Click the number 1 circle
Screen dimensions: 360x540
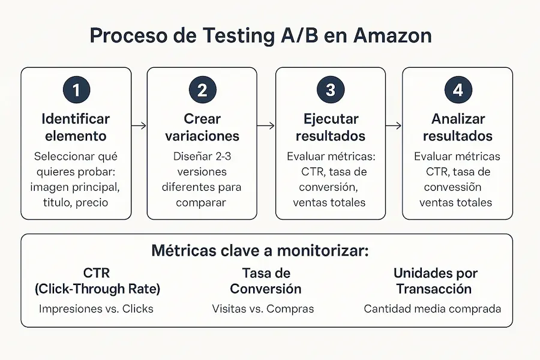(76, 90)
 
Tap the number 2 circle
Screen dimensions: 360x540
(202, 90)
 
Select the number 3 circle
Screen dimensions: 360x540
(330, 90)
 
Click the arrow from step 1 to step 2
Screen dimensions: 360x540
(139, 125)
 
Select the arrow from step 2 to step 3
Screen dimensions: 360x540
(266, 125)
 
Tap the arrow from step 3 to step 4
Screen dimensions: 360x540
(393, 125)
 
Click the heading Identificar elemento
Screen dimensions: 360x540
(76, 127)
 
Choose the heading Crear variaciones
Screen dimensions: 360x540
(202, 127)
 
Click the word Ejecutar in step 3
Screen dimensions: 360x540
(330, 119)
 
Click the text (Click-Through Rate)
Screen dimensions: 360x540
(97, 288)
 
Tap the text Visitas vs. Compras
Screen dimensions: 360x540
(263, 309)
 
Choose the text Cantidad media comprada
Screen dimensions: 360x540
(432, 309)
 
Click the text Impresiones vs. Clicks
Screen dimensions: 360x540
(96, 309)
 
